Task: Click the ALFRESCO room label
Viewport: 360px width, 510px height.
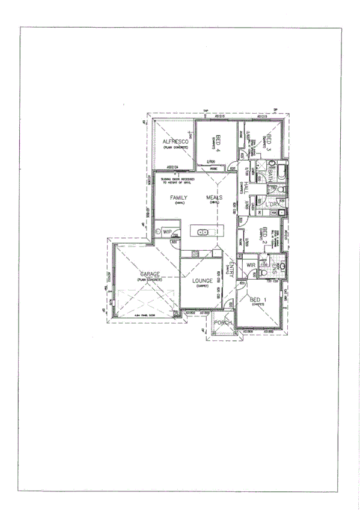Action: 175,142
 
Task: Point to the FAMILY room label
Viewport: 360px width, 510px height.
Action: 178,197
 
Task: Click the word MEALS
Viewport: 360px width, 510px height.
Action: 215,197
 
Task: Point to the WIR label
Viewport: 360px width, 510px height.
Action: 251,265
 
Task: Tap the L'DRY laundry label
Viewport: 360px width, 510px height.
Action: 272,205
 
